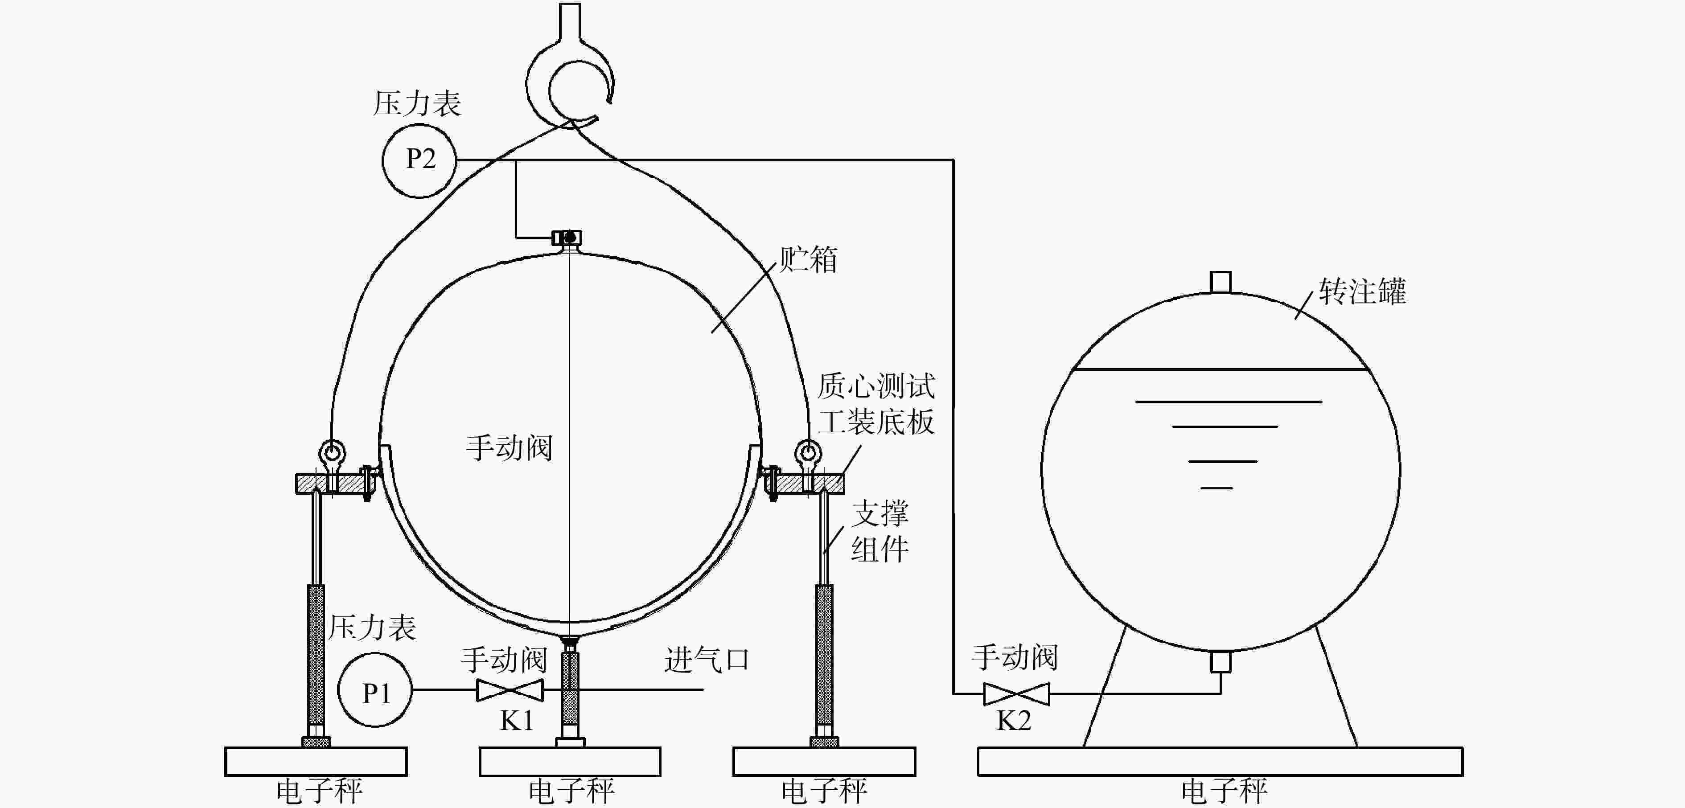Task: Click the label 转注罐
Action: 1362,291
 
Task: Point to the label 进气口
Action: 707,659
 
